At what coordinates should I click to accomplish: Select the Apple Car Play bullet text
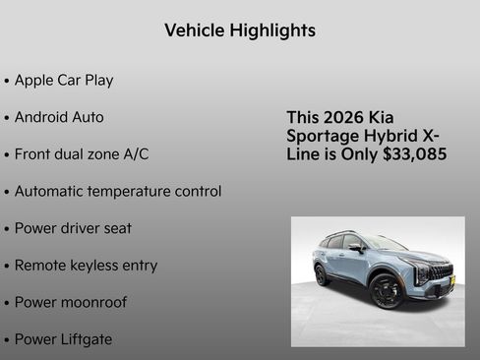(63, 80)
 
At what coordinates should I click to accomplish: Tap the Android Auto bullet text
(58, 117)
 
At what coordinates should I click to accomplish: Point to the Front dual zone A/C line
(81, 154)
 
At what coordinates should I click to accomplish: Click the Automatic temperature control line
(117, 191)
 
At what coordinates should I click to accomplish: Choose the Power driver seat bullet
(73, 228)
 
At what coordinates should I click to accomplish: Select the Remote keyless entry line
(86, 266)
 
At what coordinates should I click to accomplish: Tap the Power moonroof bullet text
(70, 302)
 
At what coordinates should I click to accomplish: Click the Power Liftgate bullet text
(63, 339)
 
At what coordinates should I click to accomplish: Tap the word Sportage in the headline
(320, 136)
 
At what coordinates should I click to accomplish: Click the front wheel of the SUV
(387, 290)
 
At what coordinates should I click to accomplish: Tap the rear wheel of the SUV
(322, 275)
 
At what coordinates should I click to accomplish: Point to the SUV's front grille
(440, 272)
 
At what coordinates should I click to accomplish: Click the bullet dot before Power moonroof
(7, 303)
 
